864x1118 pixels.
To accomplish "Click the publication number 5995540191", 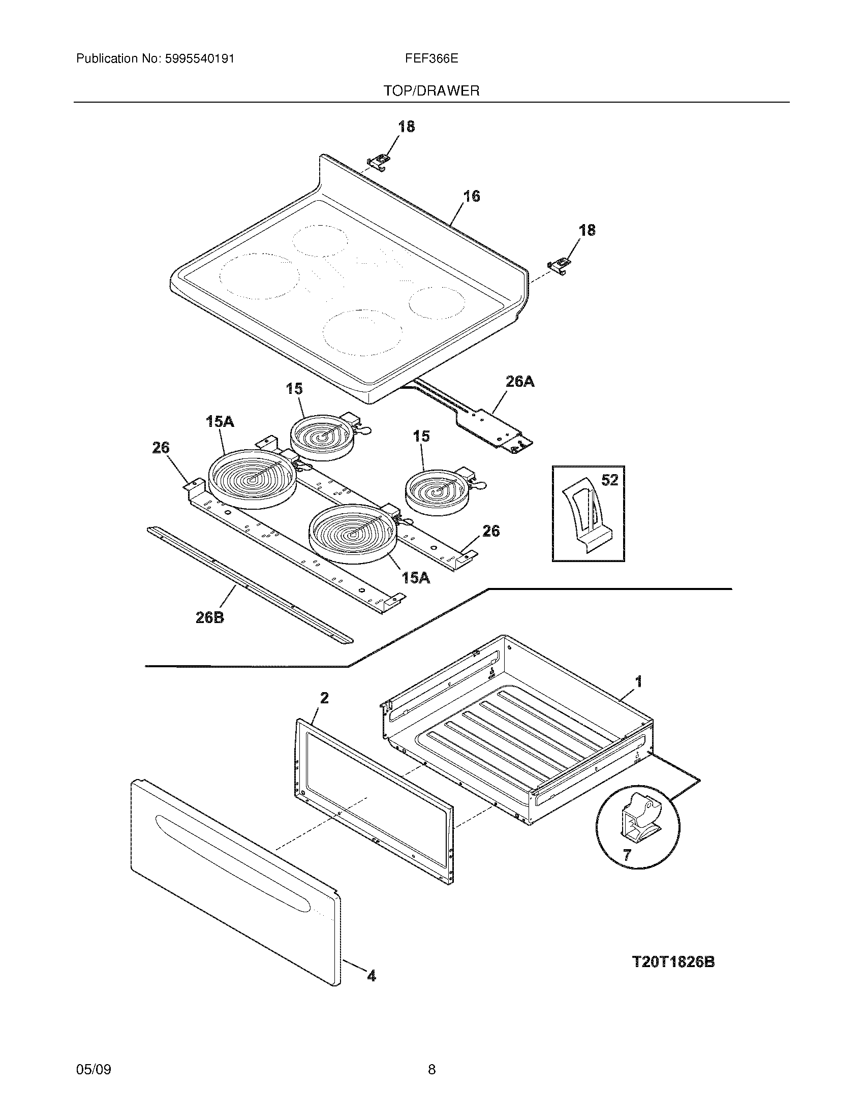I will click(x=199, y=59).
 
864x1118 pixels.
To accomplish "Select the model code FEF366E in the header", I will click(x=431, y=59).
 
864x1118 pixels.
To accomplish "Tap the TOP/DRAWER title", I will click(x=431, y=91).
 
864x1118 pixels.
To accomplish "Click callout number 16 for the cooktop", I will click(x=472, y=196).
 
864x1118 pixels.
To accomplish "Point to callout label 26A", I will click(x=519, y=381).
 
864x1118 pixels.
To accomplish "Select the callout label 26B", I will click(x=210, y=618).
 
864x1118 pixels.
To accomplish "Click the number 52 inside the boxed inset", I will click(x=609, y=480).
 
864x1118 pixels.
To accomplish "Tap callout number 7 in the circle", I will click(x=627, y=854).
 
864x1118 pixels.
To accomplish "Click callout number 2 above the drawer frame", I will click(x=325, y=698).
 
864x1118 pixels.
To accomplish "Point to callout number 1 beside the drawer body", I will click(x=638, y=681).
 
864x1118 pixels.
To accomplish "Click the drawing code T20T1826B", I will click(x=673, y=962).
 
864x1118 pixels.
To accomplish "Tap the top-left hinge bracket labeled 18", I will click(x=378, y=163).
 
